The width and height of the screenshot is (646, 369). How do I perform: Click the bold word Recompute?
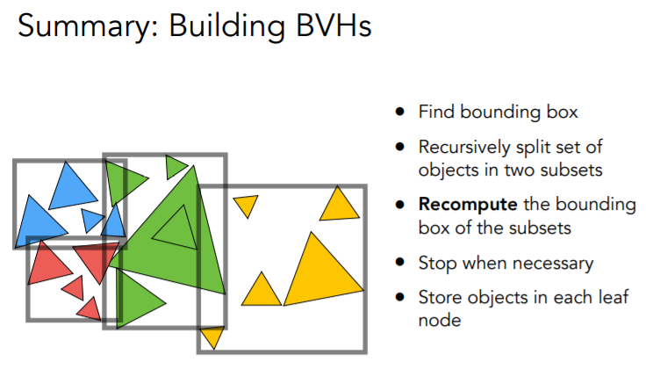[x=468, y=205]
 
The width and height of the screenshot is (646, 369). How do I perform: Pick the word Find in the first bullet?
[x=434, y=112]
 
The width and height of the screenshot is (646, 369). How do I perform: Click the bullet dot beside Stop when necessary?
[x=400, y=263]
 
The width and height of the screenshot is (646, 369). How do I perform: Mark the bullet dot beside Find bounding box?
[x=400, y=112]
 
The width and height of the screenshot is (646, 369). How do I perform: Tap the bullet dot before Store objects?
[x=400, y=297]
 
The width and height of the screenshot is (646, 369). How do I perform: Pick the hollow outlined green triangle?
[x=176, y=227]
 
